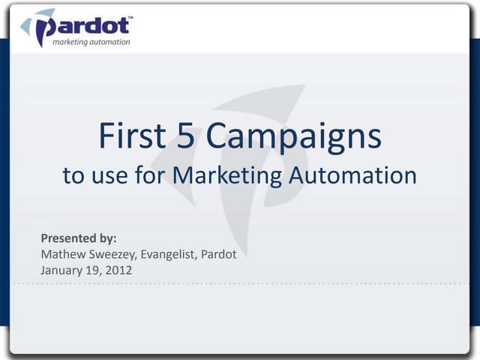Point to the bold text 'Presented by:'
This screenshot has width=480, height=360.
point(79,239)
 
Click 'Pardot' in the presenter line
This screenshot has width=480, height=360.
point(220,254)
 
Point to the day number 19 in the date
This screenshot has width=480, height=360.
point(90,270)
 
